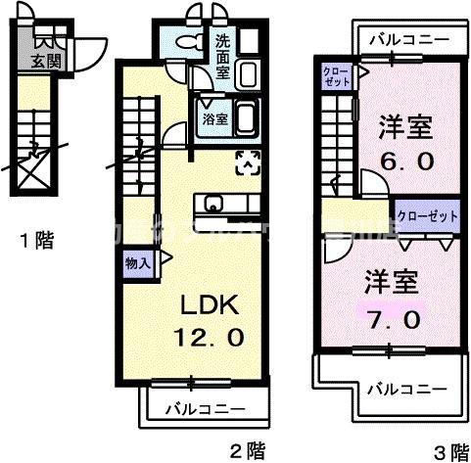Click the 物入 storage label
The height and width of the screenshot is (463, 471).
[x=137, y=263]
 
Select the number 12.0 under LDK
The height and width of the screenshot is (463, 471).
[x=207, y=338]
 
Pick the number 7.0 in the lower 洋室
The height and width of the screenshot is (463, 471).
[x=395, y=320]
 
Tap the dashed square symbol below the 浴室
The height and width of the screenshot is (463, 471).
[x=248, y=162]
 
